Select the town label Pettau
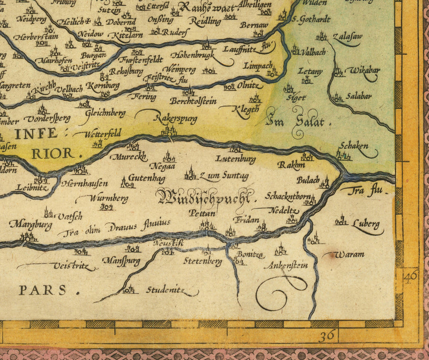tap(202, 214)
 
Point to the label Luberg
tap(366, 224)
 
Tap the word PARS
tap(43, 290)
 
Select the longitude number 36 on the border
tap(327, 336)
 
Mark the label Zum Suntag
tap(224, 176)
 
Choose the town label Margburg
tap(31, 224)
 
